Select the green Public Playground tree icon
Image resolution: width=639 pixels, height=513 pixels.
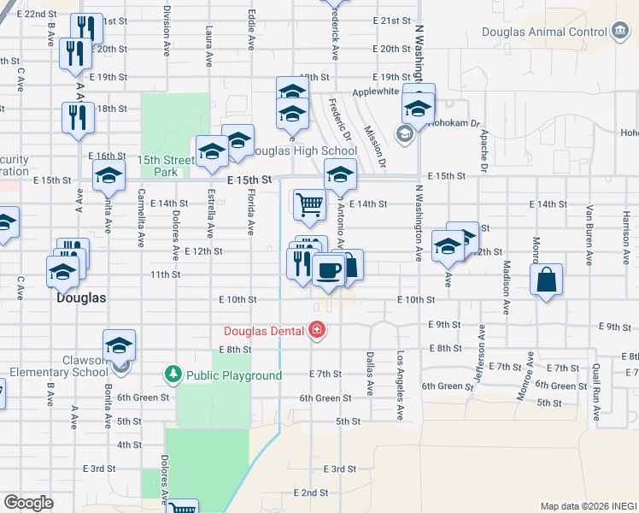coord(173,374)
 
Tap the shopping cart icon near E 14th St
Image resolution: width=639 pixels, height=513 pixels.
coord(308,203)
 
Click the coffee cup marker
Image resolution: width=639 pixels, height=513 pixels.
coord(328,269)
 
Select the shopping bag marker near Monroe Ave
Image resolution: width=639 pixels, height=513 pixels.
coord(546,279)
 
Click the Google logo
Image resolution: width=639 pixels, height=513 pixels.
coord(28,502)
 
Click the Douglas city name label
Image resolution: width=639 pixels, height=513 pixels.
coord(80,298)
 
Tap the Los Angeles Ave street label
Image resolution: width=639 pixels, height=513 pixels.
coord(399,386)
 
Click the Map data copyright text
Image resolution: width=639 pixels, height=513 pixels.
coord(588,506)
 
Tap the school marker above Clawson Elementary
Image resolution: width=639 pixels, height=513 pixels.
coord(120,345)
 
